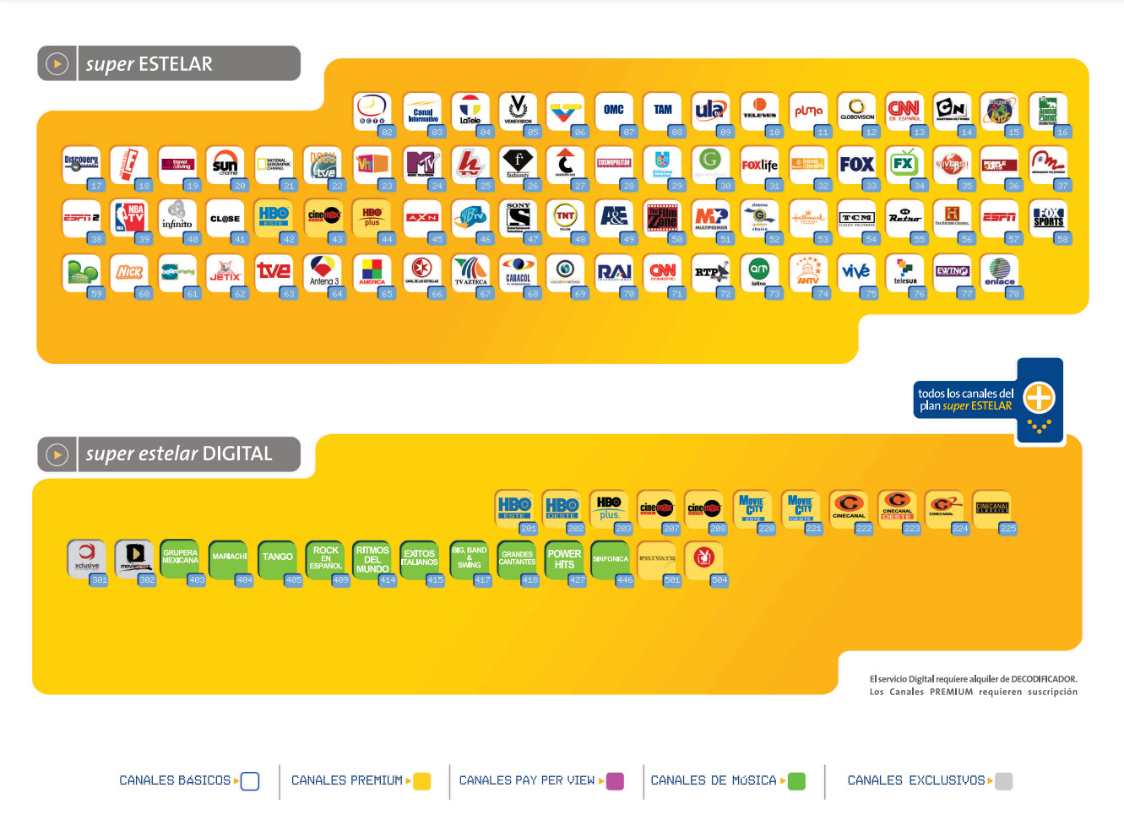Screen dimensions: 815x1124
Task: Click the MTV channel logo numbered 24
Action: click(x=421, y=163)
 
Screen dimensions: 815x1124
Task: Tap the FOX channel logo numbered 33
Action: click(x=856, y=164)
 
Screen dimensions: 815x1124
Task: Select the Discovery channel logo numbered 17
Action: click(x=81, y=163)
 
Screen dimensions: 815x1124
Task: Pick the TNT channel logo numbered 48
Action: click(x=565, y=217)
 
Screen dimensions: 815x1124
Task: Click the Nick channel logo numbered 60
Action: click(x=129, y=272)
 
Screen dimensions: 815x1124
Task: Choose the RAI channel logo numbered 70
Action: click(x=614, y=272)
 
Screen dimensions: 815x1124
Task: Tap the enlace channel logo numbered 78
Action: click(x=1000, y=272)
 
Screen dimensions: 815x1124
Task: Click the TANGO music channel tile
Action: click(x=277, y=558)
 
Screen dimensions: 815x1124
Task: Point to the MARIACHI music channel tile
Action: click(x=229, y=558)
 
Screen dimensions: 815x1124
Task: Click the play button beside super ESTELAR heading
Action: click(x=57, y=64)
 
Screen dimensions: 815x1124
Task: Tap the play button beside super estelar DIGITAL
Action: click(x=57, y=454)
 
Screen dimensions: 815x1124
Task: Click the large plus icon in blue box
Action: click(x=1039, y=397)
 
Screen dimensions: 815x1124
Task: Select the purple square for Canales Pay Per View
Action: click(x=615, y=781)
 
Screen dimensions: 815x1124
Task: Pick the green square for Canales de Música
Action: click(x=796, y=781)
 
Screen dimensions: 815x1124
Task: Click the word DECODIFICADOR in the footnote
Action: click(x=1044, y=679)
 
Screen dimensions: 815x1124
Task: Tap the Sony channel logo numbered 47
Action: click(x=518, y=217)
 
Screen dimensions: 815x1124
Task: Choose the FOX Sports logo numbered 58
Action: click(x=1048, y=217)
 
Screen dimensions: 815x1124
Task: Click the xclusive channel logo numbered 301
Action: click(x=86, y=557)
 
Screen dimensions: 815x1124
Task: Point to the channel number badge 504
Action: click(x=719, y=580)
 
